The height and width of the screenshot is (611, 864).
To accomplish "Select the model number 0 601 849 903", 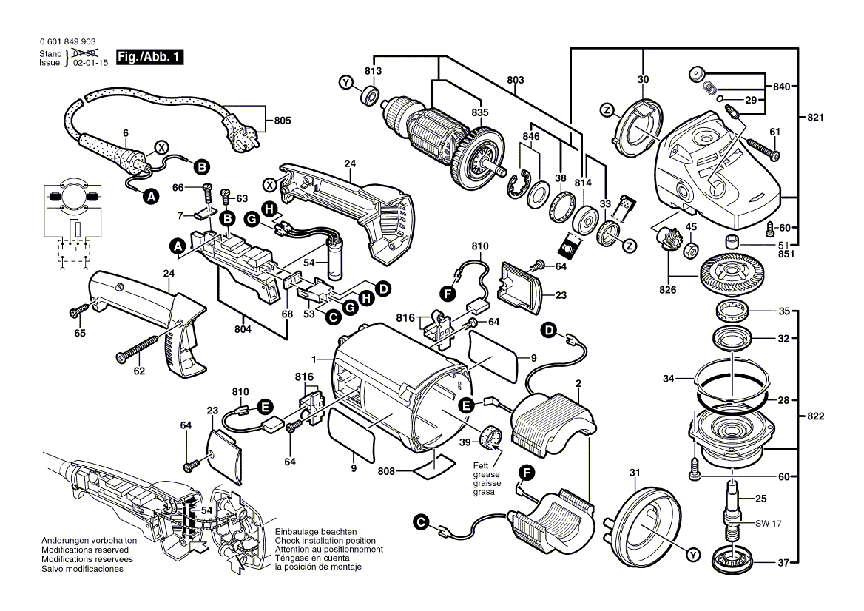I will pyautogui.click(x=66, y=43).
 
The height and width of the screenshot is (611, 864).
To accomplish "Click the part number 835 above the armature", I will pyautogui.click(x=480, y=112).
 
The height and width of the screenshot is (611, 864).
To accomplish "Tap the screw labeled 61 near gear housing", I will pyautogui.click(x=763, y=147).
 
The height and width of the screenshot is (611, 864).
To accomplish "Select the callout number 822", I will pyautogui.click(x=816, y=416).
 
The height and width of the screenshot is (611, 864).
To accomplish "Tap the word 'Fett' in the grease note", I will pyautogui.click(x=482, y=465).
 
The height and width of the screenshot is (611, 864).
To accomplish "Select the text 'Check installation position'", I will pyautogui.click(x=325, y=541).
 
